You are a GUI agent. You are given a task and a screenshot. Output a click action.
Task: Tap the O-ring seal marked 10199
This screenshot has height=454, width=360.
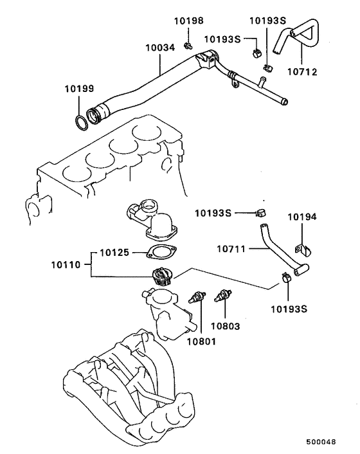[79, 122]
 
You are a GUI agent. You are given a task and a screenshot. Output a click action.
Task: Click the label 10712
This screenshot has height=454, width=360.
[303, 72]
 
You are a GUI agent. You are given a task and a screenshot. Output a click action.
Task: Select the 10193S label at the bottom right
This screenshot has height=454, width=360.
[288, 308]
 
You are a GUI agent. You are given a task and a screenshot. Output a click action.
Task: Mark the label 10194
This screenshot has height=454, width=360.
[301, 217]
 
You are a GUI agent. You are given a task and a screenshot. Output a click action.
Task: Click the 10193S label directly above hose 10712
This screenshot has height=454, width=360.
[267, 21]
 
